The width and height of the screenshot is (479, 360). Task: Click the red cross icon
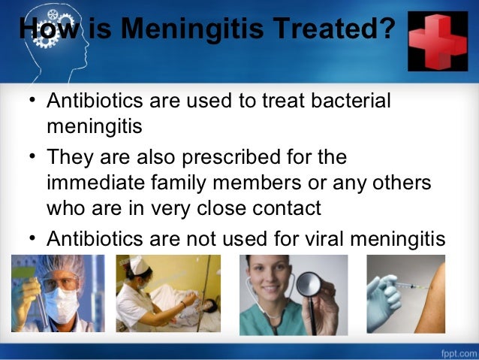438,41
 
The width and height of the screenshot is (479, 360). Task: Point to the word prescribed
224,159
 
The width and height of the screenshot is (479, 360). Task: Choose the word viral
319,239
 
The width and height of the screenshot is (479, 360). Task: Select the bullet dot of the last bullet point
29,240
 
